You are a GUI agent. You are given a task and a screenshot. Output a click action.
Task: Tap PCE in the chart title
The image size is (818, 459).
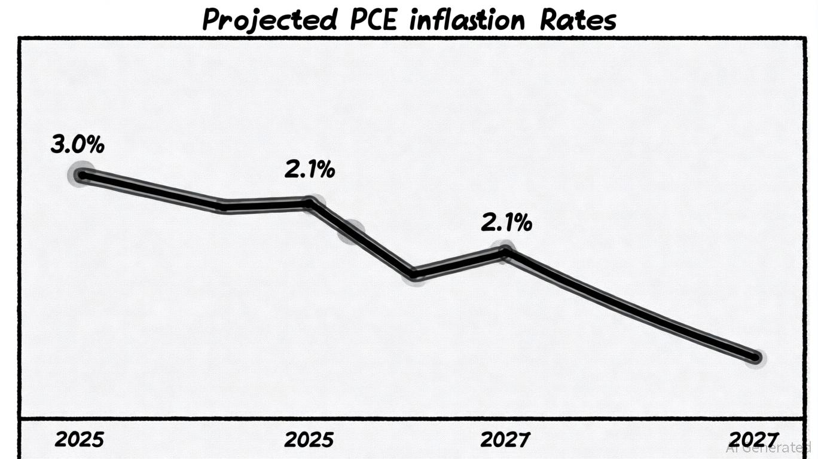click(x=373, y=20)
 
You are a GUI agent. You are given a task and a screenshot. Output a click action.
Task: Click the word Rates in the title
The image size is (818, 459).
click(x=578, y=20)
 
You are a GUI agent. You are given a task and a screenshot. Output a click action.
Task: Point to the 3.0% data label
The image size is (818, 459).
click(x=78, y=145)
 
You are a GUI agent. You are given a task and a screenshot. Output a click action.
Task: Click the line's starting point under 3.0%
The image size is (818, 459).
click(x=83, y=175)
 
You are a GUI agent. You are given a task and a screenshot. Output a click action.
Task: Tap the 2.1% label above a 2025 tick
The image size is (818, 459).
click(x=309, y=170)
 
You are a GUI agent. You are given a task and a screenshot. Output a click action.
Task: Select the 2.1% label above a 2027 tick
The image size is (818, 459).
click(x=506, y=224)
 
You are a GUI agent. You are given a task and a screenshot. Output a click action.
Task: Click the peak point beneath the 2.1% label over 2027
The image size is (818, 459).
click(x=505, y=252)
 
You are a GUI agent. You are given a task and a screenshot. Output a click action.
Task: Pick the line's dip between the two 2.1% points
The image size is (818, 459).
click(x=414, y=274)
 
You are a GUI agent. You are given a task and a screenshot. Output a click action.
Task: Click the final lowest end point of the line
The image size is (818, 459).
click(x=755, y=358)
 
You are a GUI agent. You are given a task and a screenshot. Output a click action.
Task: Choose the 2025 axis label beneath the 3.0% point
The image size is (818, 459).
click(x=80, y=440)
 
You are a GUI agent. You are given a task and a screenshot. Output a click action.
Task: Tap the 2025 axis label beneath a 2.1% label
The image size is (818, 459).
click(x=309, y=440)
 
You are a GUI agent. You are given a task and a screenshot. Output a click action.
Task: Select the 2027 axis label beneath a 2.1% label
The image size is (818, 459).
click(x=505, y=440)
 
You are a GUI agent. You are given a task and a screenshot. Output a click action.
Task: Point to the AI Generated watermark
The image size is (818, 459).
click(x=768, y=448)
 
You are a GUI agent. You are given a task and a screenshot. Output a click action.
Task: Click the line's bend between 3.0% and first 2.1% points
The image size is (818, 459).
click(x=223, y=206)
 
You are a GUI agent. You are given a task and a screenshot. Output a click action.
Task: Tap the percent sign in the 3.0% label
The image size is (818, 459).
click(x=95, y=145)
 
